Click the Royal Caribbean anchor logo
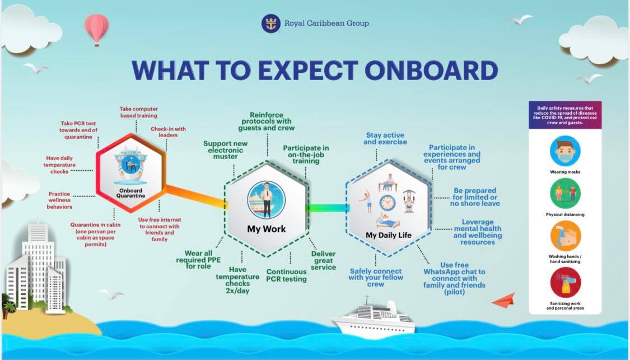point(271,24)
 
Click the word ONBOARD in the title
point(431,71)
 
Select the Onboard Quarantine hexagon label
point(130,193)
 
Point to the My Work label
point(267,229)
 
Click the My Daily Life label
point(389,236)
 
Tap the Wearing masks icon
point(565,151)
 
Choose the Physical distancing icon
point(565,193)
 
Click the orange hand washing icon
point(565,236)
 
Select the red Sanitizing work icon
point(565,282)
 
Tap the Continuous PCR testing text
point(287,275)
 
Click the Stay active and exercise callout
point(385,139)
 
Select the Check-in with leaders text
point(168,132)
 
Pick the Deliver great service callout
point(324,260)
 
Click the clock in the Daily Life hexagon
point(388,203)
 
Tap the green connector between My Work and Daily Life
point(328,208)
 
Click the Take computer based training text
point(139,112)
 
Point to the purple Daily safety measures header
point(565,115)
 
